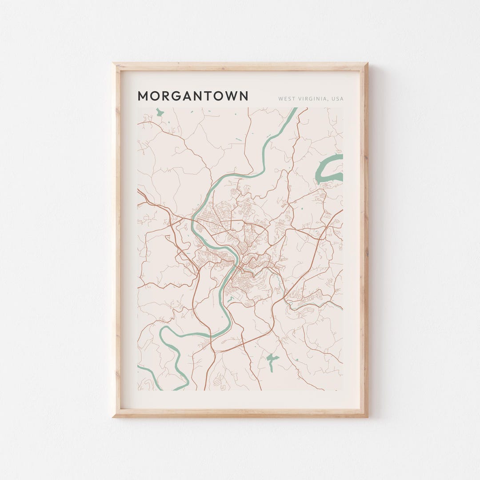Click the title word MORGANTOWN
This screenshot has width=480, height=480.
point(193,96)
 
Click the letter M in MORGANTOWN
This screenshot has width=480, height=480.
point(143,96)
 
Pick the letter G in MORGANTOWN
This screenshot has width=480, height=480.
point(177,96)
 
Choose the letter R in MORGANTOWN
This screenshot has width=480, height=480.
point(166,96)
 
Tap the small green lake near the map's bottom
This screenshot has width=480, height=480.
point(271,360)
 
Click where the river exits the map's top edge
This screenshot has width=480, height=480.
point(294,108)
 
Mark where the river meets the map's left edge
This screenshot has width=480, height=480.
point(139,366)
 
